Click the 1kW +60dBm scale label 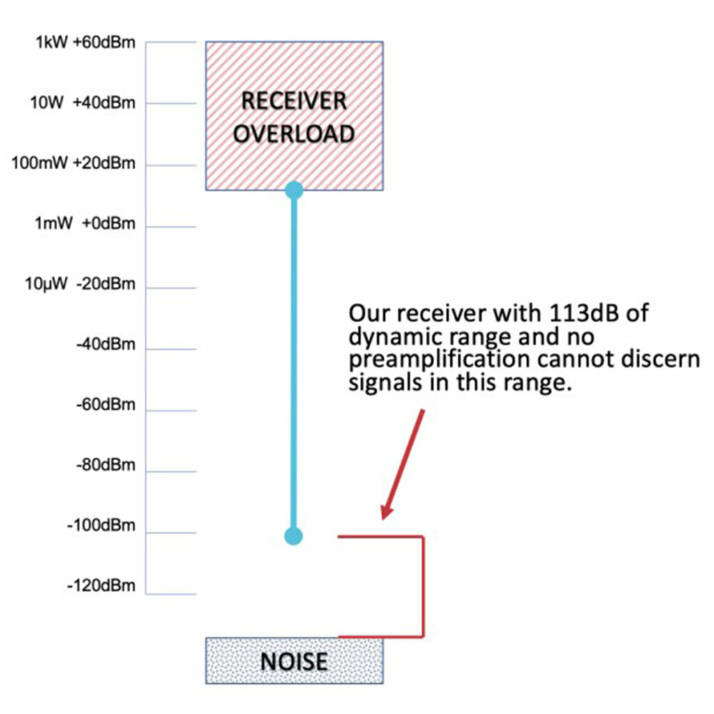[86, 43]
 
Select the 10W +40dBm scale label [83, 103]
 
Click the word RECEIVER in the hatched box [294, 101]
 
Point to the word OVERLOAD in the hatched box [294, 134]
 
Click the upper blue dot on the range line [294, 190]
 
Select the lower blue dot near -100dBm [294, 536]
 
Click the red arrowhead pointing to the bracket [384, 512]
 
